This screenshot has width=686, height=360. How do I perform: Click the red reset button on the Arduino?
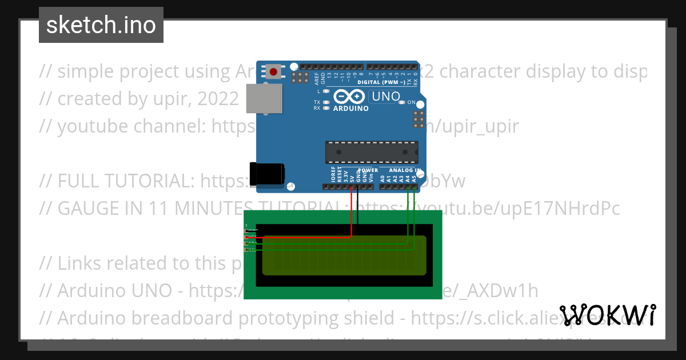point(274,72)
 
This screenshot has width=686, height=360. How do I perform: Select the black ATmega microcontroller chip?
point(372,151)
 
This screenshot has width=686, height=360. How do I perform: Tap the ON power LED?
point(402,102)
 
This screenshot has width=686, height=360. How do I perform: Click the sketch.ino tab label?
point(101,25)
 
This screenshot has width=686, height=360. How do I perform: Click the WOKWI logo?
point(608,315)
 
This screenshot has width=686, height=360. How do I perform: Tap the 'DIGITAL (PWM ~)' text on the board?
point(381,82)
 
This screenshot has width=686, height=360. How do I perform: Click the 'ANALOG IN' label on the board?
point(405,170)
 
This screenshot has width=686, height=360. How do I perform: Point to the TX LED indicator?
point(326,102)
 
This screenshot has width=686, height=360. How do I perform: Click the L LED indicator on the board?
point(326,91)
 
